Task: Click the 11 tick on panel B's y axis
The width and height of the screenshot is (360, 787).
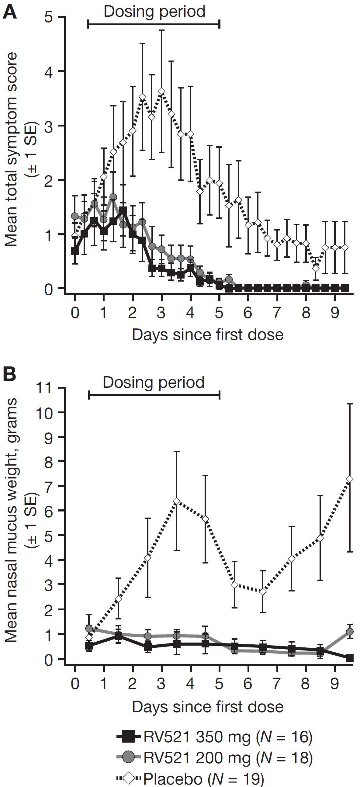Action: point(47,388)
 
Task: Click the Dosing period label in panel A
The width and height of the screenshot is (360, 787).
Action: point(154,11)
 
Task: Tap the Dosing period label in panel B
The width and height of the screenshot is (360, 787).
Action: point(154,382)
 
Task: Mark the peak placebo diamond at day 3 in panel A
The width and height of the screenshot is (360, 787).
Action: point(162,91)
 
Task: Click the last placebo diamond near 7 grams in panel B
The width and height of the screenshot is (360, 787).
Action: point(350,479)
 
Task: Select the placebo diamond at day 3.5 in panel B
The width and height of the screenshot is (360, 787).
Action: point(177,501)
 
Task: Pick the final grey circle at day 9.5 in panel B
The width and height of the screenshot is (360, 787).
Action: point(350,631)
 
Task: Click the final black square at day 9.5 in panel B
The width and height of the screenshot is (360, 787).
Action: point(350,658)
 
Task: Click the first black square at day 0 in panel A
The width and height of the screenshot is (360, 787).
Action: point(75,251)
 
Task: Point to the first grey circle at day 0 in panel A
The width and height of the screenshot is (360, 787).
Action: point(75,216)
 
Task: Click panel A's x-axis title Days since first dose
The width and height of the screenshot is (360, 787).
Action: point(207,335)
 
